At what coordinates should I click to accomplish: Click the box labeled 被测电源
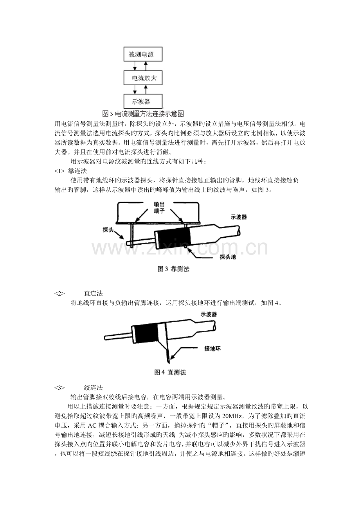[143, 54]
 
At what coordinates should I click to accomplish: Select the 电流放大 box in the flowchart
[143, 78]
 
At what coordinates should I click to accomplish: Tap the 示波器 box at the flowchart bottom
[143, 101]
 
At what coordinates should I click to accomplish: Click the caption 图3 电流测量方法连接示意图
[143, 113]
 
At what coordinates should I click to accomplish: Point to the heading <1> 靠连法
[71, 171]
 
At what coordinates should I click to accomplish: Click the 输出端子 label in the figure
[159, 208]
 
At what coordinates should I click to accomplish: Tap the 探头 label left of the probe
[108, 230]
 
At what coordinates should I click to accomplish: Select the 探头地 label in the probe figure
[228, 257]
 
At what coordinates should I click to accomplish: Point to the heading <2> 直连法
[79, 293]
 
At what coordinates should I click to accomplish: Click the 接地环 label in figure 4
[212, 348]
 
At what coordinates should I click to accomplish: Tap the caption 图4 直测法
[170, 372]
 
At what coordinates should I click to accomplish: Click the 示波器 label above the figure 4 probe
[209, 314]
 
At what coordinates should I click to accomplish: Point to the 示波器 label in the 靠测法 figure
[239, 217]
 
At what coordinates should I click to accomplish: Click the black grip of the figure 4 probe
[146, 333]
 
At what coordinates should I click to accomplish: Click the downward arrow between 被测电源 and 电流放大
[135, 66]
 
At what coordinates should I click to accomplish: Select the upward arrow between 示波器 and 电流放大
[146, 90]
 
